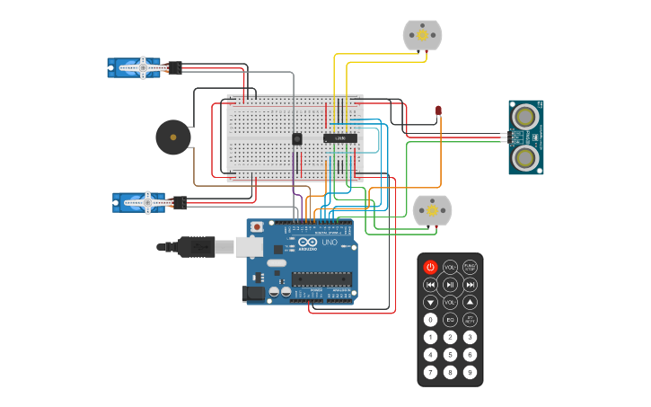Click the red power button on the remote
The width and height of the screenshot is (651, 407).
coord(430,267)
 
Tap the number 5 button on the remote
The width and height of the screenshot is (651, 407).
coord(450,355)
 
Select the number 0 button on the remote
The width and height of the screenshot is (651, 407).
coord(430,320)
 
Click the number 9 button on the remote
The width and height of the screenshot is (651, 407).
coord(470,372)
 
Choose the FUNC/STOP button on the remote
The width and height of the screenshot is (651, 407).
coord(470,267)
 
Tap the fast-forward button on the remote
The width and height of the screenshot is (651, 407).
coord(470,285)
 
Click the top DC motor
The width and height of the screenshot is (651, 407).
coord(422,35)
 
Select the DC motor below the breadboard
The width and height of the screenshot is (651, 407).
coord(432,209)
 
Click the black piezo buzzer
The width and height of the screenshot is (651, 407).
coord(172,137)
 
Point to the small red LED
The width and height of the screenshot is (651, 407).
coord(438,111)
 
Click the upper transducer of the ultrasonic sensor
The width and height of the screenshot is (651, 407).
coord(525,115)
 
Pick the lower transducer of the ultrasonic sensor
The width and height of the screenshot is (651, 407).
coord(525,158)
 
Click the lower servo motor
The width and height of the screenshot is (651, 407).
coord(142,202)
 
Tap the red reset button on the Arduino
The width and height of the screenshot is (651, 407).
coord(257,226)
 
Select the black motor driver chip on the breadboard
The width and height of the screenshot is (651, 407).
coord(340,137)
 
